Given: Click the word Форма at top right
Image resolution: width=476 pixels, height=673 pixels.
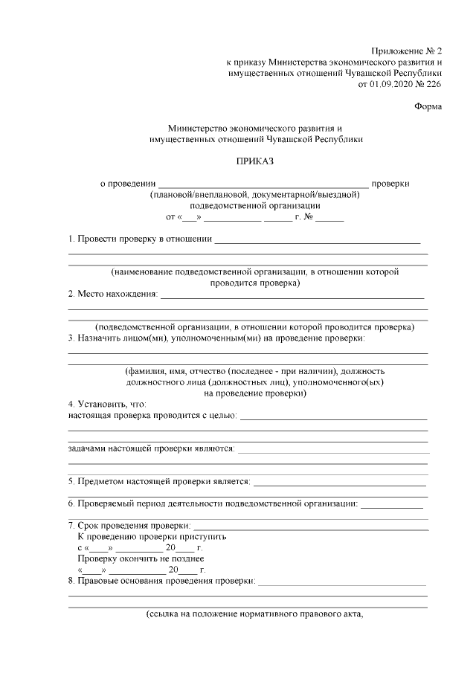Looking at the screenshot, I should coord(428,106).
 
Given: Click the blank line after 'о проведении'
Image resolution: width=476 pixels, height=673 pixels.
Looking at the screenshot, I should coord(263,184).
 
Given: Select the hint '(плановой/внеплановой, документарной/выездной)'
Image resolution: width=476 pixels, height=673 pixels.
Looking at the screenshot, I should coord(255,195).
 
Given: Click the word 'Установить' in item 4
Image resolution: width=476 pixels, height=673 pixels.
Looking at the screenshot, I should coord(104,404).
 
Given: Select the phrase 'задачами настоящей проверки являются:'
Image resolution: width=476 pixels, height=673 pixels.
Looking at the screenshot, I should coord(151,448).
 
